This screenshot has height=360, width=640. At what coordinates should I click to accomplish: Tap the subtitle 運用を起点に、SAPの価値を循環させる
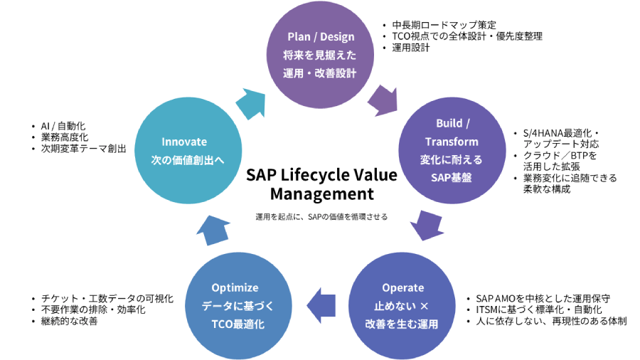click(x=321, y=216)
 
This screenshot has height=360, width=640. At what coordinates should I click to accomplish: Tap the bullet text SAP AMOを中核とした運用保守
click(x=543, y=299)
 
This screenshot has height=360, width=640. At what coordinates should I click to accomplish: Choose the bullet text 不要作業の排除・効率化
click(x=93, y=310)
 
